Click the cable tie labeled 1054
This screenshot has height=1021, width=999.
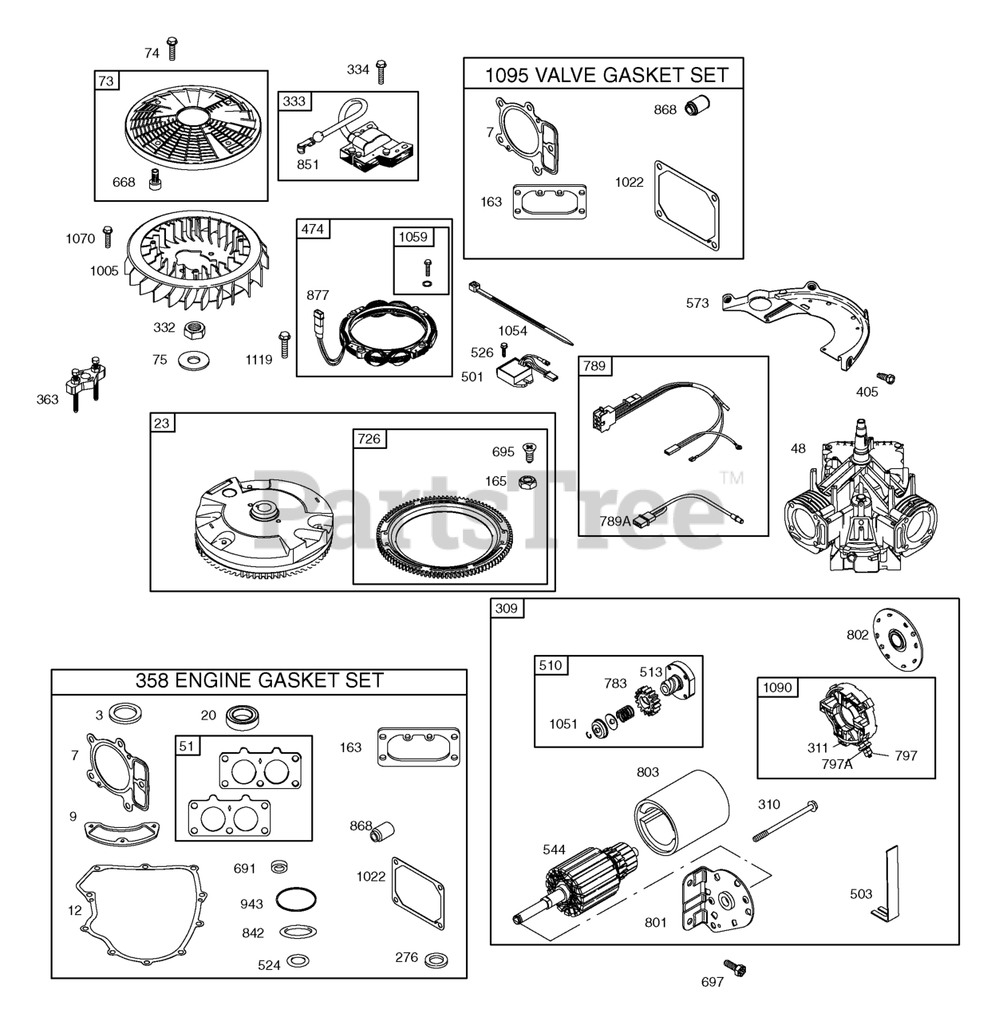(x=523, y=313)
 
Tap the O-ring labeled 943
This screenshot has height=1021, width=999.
(x=294, y=901)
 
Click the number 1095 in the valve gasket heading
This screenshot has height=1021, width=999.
(x=507, y=76)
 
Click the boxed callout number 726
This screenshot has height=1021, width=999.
(x=369, y=439)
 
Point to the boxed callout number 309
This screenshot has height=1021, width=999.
(x=506, y=609)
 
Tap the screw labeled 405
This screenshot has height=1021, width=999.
(x=883, y=376)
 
